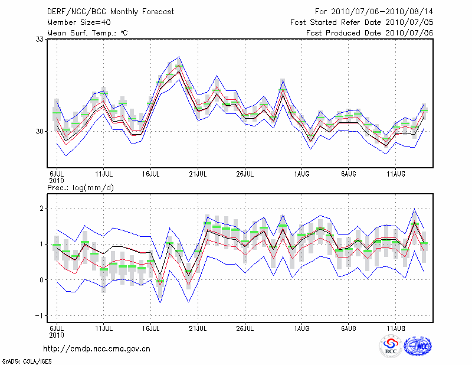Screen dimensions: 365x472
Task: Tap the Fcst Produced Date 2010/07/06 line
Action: [x=370, y=32]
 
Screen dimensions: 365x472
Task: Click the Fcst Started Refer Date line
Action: [x=362, y=22]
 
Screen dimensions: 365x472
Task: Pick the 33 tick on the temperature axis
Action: [x=40, y=39]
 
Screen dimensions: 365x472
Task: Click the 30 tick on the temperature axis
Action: [x=40, y=131]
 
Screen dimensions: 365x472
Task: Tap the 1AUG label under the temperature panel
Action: [x=302, y=174]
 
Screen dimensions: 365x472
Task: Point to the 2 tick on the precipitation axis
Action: [x=42, y=208]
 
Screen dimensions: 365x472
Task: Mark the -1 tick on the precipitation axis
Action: [x=40, y=316]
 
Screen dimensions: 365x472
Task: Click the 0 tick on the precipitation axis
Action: [x=42, y=280]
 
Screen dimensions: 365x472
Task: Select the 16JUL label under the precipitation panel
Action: [x=151, y=328]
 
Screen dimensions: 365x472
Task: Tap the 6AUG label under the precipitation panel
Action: [x=349, y=328]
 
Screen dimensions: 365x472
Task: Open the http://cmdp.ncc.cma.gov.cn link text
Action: [x=97, y=348]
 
